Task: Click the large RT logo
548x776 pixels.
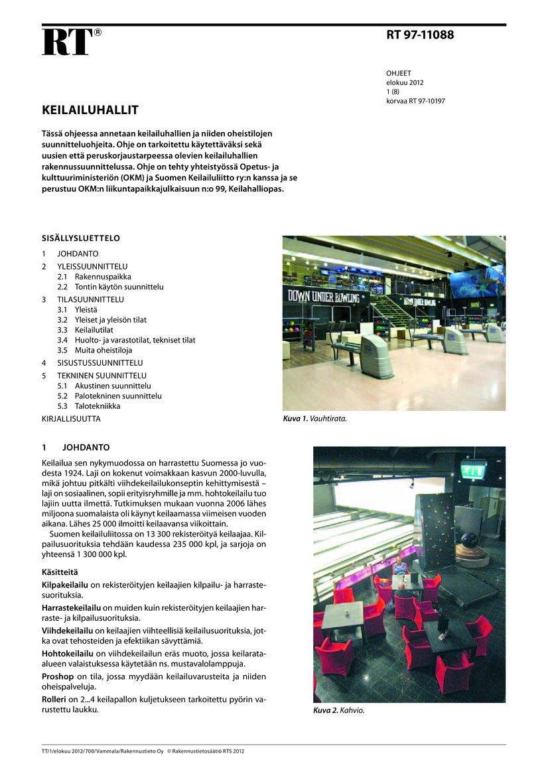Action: pos(68,42)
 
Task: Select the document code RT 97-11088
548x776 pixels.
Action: pos(420,35)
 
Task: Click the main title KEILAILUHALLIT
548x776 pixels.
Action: pos(90,110)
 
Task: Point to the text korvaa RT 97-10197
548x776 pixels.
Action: pos(415,102)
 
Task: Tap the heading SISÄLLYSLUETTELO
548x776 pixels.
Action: pos(80,238)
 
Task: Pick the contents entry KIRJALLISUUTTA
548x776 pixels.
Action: pos(71,420)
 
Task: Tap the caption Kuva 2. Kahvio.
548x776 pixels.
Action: pos(338,710)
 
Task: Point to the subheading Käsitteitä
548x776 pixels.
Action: pos(60,572)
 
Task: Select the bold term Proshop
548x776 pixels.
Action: pos(58,676)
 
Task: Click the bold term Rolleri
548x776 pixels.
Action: pos(55,700)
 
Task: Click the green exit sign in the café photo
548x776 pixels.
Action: pos(473,469)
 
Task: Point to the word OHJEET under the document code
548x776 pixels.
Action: pos(399,74)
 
